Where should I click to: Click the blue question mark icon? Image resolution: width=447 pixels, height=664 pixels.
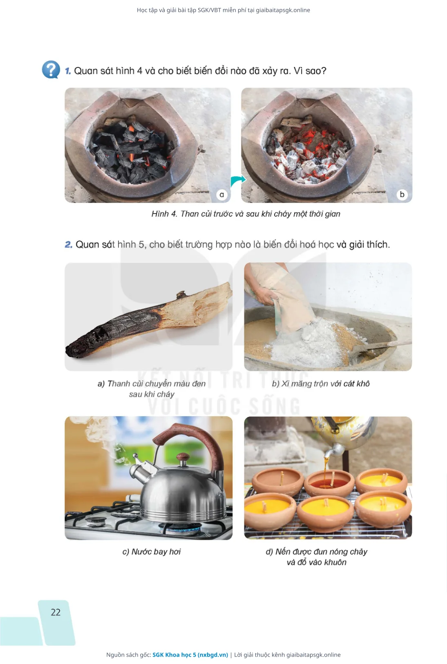tap(51, 70)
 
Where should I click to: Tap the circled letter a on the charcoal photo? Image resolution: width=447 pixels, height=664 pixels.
tap(221, 194)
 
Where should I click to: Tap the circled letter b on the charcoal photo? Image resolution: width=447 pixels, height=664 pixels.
tap(402, 194)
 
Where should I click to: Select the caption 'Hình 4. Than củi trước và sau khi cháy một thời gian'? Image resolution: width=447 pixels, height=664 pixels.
tap(246, 214)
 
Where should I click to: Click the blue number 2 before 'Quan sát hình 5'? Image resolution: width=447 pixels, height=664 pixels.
tap(69, 245)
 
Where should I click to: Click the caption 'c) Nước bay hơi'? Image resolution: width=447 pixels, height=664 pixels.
tap(151, 552)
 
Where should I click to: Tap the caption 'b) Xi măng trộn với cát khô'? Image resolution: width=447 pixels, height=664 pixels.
tap(321, 383)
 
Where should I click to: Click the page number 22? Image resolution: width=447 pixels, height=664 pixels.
tap(56, 612)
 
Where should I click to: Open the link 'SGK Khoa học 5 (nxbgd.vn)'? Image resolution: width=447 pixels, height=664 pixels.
tap(190, 655)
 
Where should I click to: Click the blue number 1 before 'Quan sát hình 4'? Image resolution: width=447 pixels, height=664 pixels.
tap(68, 71)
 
